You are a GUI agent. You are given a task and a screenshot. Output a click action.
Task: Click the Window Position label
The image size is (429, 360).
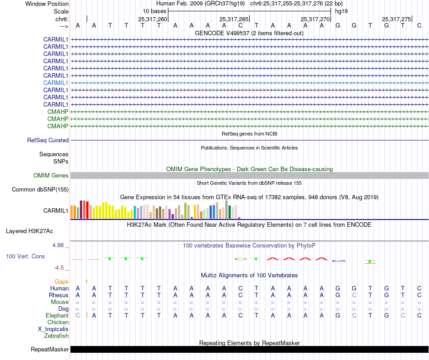tap(47, 4)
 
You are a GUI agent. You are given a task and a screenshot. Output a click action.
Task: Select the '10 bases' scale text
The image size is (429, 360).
tap(154, 11)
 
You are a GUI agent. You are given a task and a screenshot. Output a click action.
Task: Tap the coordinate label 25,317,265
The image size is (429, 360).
tap(234, 19)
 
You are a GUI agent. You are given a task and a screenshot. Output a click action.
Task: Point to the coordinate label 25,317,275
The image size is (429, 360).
tap(396, 19)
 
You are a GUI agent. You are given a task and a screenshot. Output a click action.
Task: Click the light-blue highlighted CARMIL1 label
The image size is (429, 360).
tap(56, 83)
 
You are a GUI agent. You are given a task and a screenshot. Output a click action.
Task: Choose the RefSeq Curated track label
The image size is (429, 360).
tap(48, 140)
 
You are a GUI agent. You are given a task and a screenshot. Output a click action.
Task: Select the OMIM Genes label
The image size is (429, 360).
tap(51, 175)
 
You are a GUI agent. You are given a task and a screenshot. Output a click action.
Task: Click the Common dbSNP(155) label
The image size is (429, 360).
tap(40, 190)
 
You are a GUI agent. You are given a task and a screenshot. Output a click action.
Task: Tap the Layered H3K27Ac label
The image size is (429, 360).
tap(29, 231)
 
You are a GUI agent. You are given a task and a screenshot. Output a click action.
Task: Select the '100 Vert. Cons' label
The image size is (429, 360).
tap(25, 256)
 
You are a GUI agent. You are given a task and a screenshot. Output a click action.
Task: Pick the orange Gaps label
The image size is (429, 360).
tap(62, 281)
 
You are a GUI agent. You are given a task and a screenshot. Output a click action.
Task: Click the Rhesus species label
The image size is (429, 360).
tap(59, 295)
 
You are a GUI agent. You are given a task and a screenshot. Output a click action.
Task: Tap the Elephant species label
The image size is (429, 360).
tap(57, 315)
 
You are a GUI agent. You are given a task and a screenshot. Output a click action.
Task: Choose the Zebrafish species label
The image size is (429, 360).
tap(56, 336)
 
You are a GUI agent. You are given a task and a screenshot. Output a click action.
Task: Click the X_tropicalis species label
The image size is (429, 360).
tap(53, 329)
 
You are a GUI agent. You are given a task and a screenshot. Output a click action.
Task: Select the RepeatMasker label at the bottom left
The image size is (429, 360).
tap(50, 350)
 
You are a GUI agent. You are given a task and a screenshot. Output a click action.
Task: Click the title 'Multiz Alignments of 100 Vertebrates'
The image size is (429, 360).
tap(249, 275)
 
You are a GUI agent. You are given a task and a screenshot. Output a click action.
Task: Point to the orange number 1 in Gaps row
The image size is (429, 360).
tap(86, 281)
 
